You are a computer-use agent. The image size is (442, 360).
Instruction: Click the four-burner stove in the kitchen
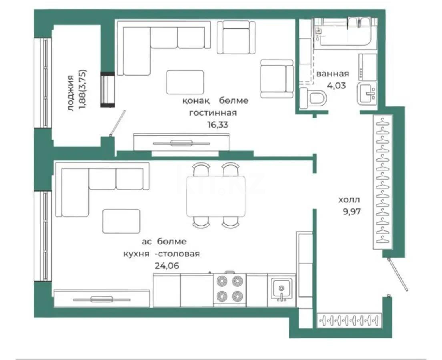230,290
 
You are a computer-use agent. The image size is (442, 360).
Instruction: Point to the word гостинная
213,113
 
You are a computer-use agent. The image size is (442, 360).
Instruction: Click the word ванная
332,74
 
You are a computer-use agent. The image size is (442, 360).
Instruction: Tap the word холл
349,200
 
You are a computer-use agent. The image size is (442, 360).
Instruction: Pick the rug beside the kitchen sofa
122,221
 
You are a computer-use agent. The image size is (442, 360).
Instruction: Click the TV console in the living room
181,143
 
